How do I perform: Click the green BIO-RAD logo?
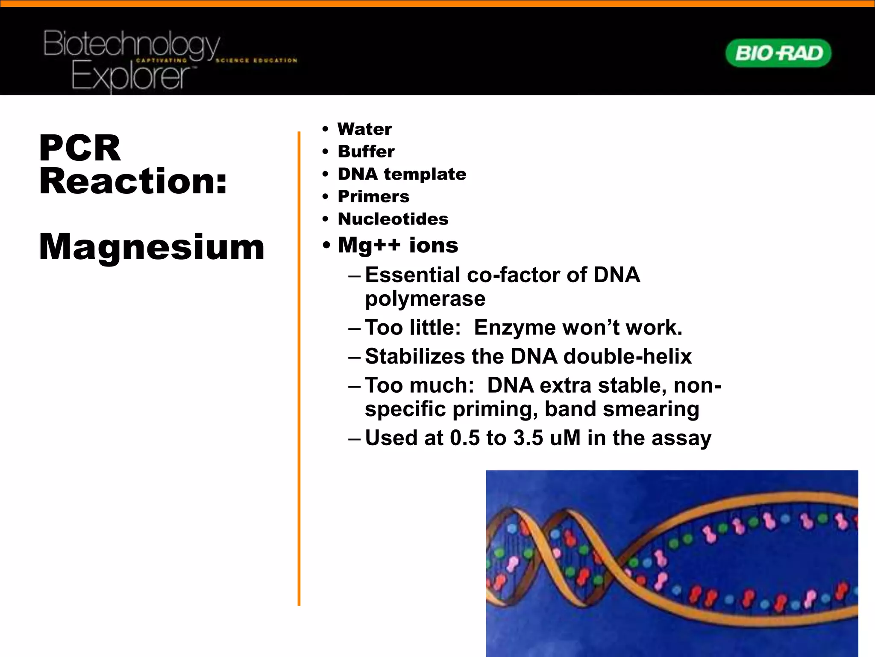click(778, 53)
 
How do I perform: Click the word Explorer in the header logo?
click(130, 77)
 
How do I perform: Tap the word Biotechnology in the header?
click(131, 44)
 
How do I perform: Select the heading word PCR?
click(80, 148)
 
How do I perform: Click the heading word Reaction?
click(133, 181)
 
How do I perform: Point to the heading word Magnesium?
click(152, 247)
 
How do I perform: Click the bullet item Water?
click(364, 129)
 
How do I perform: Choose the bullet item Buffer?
click(366, 151)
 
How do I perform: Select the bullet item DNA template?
click(402, 174)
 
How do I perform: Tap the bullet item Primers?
click(373, 197)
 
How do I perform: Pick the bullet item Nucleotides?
click(393, 219)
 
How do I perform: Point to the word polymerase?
click(425, 299)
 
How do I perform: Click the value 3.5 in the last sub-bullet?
click(528, 438)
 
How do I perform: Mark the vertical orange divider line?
click(299, 368)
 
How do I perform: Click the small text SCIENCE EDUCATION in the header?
click(256, 60)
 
